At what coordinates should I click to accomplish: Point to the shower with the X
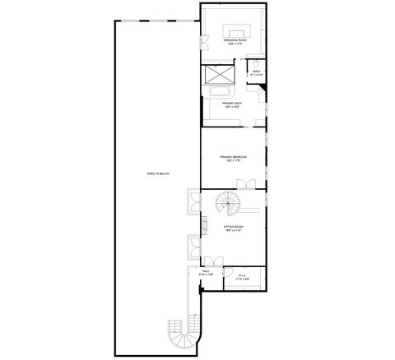click(219, 73)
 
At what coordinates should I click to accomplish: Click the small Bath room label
click(257, 71)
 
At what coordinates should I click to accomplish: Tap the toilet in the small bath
click(256, 62)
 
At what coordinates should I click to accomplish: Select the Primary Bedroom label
click(234, 156)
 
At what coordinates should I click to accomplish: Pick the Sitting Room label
click(234, 226)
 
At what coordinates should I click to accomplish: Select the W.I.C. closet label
click(242, 275)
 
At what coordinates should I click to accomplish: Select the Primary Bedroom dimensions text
click(234, 161)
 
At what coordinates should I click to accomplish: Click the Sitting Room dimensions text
click(234, 231)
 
